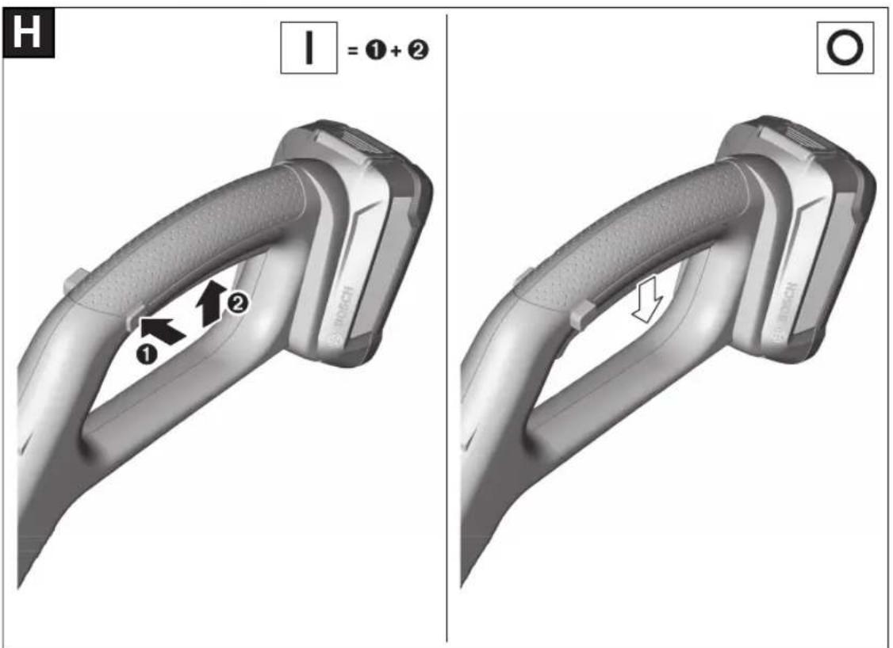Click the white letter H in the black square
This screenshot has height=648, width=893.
coord(27,32)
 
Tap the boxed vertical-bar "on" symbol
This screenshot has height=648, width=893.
coord(309,48)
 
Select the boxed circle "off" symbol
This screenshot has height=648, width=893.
coord(845,48)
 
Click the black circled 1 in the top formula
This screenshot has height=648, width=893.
coord(375,50)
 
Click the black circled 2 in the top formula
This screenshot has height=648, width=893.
coord(418,50)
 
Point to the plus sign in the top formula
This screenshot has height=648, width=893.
coord(397,51)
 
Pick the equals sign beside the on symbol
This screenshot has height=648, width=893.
coord(353,51)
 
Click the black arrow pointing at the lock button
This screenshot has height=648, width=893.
coord(163,330)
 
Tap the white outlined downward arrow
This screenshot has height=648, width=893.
coord(647,299)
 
